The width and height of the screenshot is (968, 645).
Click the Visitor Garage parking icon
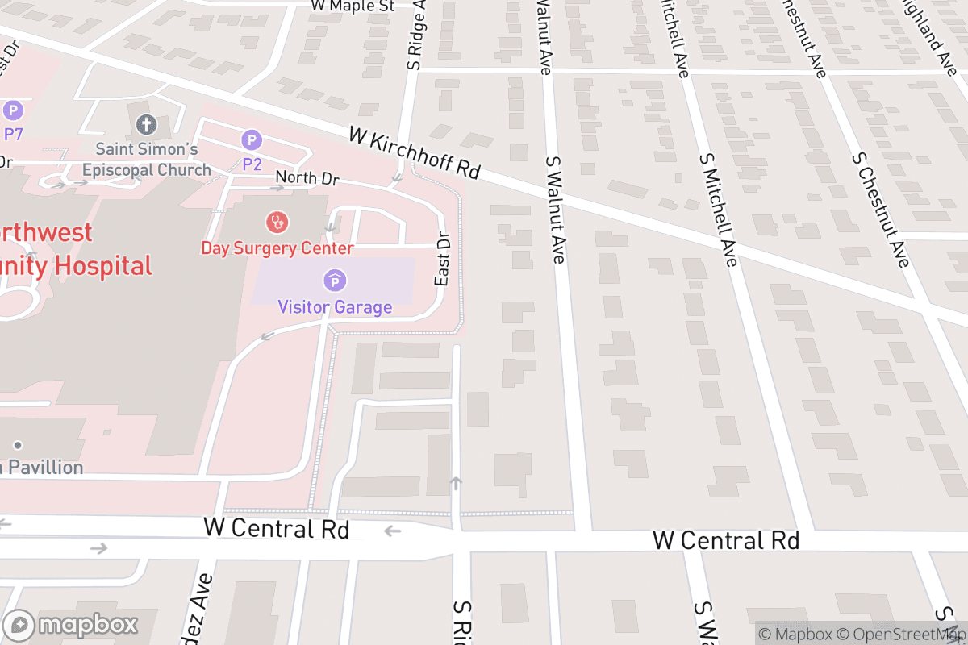(334, 281)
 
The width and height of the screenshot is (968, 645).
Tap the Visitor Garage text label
(335, 307)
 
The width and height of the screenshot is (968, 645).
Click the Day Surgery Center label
(277, 248)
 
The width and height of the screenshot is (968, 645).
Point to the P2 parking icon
(252, 140)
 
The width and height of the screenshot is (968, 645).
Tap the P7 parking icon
(13, 110)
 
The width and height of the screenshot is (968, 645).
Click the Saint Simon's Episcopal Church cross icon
(146, 124)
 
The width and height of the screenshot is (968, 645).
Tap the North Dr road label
(307, 178)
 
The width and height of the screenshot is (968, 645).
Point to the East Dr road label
(442, 259)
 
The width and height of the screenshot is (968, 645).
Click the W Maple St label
(353, 6)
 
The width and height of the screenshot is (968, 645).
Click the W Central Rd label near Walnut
(725, 540)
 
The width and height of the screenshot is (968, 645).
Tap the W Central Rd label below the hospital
(277, 529)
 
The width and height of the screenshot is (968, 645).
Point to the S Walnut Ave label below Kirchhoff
(555, 210)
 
